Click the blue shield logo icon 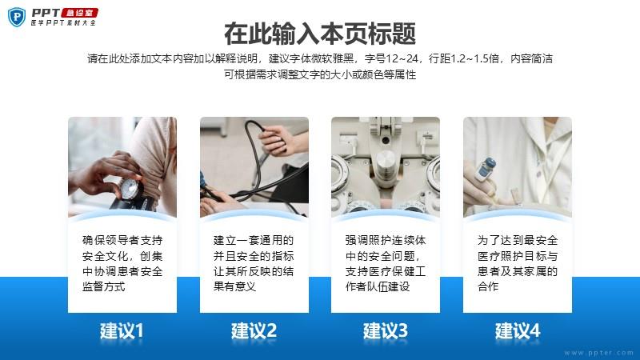17,17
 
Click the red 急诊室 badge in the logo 80,13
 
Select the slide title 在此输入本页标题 320,34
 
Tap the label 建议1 122,330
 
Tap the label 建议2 254,330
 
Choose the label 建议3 386,330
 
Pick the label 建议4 518,330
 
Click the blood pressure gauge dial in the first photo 130,189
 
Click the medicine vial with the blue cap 485,170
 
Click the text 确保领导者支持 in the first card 122,240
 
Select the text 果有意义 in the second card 234,286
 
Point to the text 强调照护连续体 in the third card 386,240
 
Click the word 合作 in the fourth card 488,286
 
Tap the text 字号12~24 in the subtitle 391,58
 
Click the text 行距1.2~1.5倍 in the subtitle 464,58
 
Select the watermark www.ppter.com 598,353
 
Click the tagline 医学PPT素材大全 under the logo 64,23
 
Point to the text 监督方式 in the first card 104,286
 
